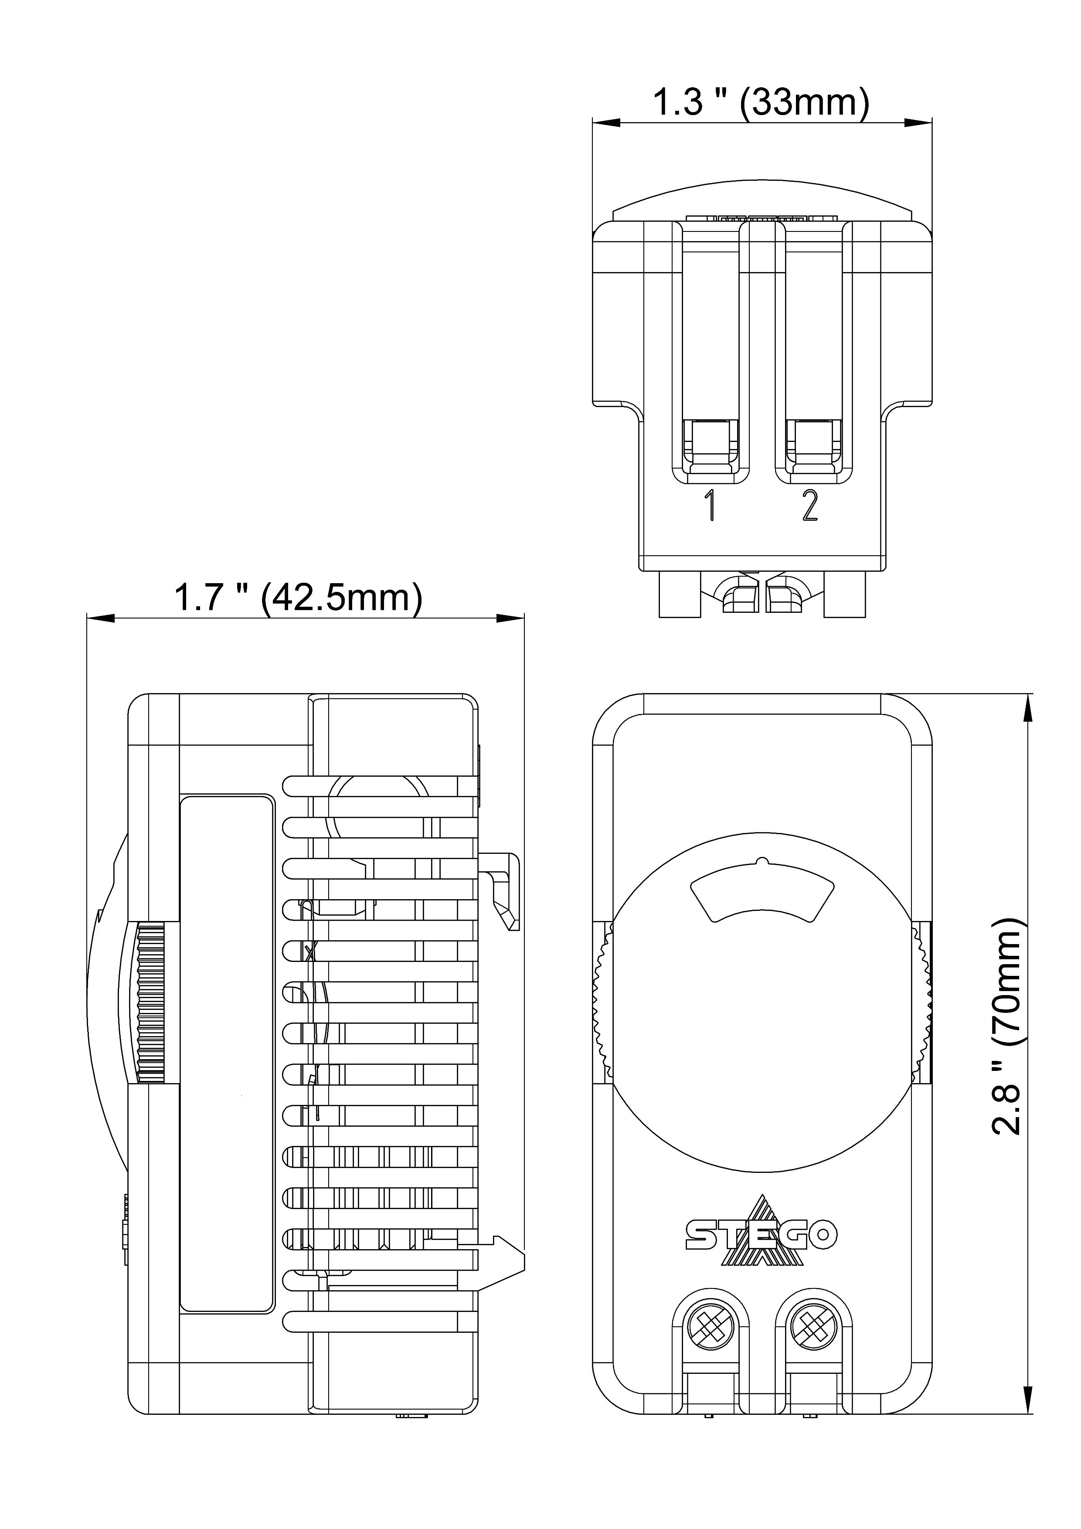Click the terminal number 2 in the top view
[x=809, y=506]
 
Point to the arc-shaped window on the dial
[x=763, y=896]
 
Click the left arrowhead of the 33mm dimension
[x=606, y=123]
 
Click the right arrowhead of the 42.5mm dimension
[x=511, y=618]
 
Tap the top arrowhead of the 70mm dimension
[x=1030, y=708]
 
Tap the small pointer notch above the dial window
[x=763, y=863]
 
